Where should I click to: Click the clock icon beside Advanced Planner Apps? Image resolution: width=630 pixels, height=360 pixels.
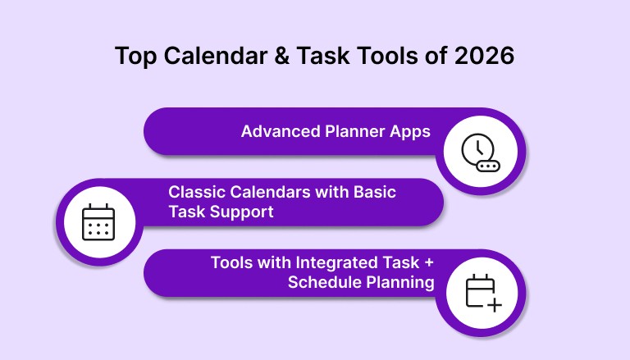(477, 149)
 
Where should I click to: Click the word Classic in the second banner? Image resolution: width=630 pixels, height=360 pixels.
(194, 192)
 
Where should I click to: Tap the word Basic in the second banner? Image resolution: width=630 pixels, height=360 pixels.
(374, 192)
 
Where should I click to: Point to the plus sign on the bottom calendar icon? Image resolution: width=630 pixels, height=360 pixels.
(494, 305)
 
